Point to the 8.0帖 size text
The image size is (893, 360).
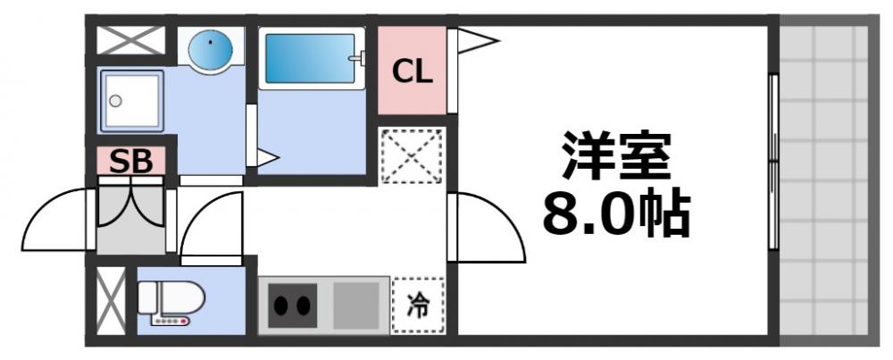pyautogui.click(x=615, y=214)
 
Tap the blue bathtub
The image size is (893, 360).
pyautogui.click(x=310, y=59)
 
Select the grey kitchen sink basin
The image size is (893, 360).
pyautogui.click(x=357, y=306)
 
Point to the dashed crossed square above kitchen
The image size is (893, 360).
pyautogui.click(x=412, y=156)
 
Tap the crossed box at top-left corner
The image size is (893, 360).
pyautogui.click(x=130, y=40)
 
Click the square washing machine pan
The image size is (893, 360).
pyautogui.click(x=130, y=100)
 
